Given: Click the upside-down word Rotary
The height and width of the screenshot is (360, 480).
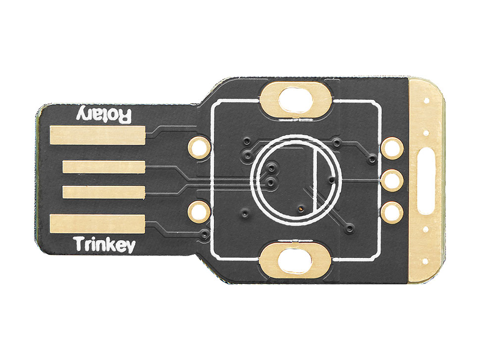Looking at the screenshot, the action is click(104, 115).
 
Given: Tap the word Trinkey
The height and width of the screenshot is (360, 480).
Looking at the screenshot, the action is click(105, 245).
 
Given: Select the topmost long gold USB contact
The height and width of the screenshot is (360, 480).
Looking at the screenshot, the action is click(97, 135).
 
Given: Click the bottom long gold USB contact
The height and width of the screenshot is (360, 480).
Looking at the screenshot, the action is click(97, 224).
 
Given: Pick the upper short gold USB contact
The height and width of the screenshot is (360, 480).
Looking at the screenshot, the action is click(104, 167).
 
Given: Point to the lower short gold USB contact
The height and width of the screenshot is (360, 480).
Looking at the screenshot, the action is click(104, 192).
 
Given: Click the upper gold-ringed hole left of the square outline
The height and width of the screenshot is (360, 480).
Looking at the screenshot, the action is click(199, 147).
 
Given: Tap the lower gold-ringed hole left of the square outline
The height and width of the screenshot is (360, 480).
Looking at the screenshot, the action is click(199, 211).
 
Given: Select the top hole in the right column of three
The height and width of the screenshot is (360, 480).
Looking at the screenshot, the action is click(392, 148).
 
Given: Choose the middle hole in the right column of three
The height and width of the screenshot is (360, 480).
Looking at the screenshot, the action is click(392, 180).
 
